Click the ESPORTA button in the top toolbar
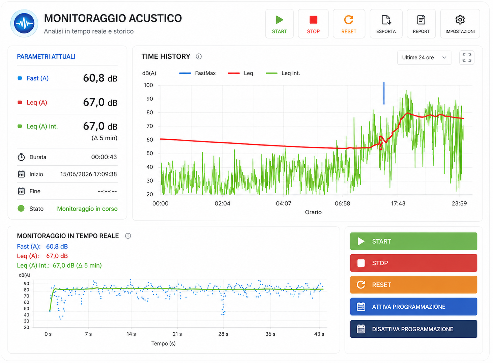[x=386, y=24]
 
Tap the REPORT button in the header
[x=421, y=24]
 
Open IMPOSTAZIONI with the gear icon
[x=460, y=24]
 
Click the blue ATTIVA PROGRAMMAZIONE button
[x=413, y=307]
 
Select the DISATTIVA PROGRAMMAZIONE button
[x=413, y=329]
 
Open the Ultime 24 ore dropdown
[x=424, y=58]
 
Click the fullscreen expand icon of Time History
[x=467, y=58]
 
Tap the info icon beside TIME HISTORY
[x=199, y=57]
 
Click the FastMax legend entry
[x=197, y=73]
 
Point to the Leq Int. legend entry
[x=283, y=73]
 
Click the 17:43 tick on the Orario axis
[x=398, y=203]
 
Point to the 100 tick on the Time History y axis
[x=148, y=85]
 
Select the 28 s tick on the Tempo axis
[x=223, y=334]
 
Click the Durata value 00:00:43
[x=104, y=157]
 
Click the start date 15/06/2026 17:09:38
[x=88, y=174]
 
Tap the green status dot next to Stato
[x=21, y=208]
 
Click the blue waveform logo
[x=24, y=23]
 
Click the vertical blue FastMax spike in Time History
[x=384, y=93]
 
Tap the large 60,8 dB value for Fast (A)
[x=100, y=78]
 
